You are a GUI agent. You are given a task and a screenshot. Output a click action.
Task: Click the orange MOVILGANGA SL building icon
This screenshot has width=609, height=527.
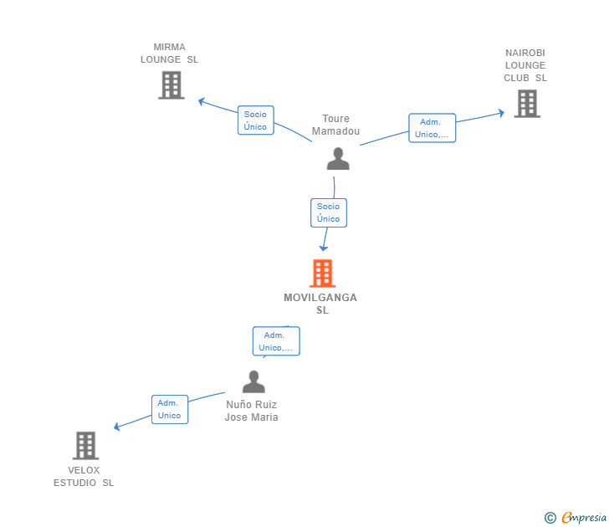(322, 273)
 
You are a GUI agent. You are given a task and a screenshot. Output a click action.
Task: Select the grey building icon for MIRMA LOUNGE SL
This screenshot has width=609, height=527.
(171, 85)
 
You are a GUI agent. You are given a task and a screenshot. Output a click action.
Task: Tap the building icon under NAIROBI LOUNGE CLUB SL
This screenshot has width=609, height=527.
(527, 103)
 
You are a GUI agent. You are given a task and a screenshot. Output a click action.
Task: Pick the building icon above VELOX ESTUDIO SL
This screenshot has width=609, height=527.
(85, 446)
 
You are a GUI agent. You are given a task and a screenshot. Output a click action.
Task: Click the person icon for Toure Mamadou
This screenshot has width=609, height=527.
(338, 158)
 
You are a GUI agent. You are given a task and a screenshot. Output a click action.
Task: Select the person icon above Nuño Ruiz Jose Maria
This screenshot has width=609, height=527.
(253, 381)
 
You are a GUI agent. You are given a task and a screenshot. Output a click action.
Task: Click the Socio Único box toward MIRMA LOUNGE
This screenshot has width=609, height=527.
(256, 120)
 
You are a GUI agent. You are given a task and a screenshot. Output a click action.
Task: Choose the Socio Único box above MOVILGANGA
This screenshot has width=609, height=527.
(329, 212)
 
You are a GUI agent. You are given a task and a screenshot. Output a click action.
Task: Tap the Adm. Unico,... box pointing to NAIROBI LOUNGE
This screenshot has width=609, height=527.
(432, 128)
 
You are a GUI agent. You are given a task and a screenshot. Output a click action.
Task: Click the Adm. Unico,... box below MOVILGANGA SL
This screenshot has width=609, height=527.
(276, 341)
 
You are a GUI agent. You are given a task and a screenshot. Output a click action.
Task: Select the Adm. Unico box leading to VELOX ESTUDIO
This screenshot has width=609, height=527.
(170, 409)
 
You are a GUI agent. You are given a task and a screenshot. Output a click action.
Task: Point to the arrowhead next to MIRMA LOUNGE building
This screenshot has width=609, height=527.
(201, 102)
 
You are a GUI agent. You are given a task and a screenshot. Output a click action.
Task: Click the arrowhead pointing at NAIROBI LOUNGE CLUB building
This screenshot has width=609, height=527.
(501, 113)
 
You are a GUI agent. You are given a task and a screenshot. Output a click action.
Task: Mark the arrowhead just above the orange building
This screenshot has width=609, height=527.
(323, 248)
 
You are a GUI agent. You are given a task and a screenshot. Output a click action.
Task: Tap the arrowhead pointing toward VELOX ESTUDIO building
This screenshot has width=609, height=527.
(116, 427)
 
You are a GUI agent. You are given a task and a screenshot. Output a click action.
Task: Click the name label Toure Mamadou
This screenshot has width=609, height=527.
(336, 125)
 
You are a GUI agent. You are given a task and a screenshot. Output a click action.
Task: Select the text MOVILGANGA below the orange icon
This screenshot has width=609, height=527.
(320, 298)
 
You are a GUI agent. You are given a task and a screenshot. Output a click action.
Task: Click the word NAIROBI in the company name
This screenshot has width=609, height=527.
(525, 53)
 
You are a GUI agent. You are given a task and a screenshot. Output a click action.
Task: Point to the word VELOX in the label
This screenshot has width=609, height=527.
(84, 470)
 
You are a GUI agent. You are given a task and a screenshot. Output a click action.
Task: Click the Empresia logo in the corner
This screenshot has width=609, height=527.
(576, 517)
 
